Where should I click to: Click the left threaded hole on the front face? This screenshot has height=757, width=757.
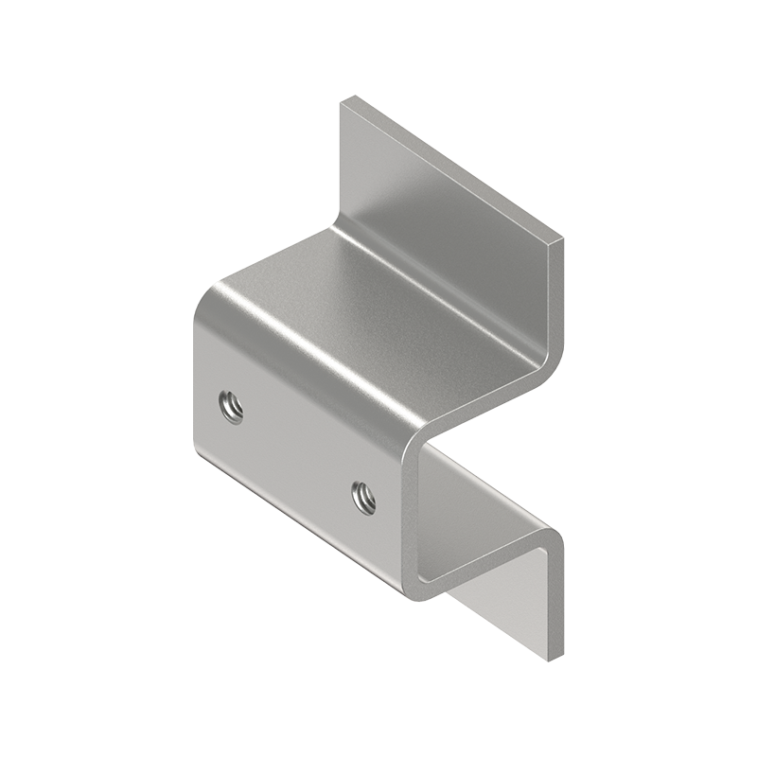230,408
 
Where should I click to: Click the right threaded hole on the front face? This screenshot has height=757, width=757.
362,495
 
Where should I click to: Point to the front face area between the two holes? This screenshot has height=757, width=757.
295,452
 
